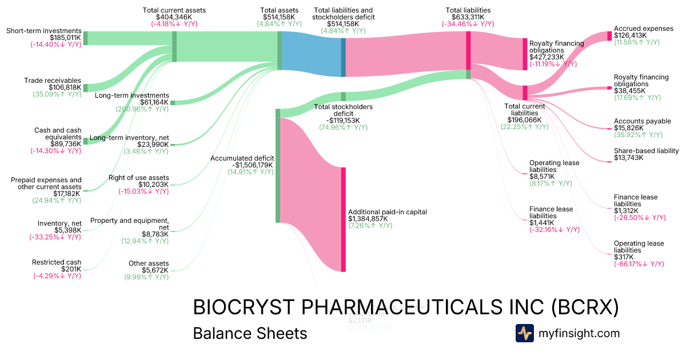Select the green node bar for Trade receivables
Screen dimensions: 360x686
point(86,87)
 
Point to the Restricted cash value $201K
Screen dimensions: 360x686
point(71,269)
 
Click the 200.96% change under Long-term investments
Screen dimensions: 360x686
point(145,109)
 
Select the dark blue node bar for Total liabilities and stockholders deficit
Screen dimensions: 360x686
point(344,57)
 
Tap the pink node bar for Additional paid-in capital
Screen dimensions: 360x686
point(344,219)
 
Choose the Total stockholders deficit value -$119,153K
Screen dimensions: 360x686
point(344,121)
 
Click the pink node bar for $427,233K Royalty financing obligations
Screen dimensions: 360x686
point(525,54)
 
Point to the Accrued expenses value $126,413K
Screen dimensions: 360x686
point(630,35)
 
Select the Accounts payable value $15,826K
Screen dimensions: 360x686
point(630,129)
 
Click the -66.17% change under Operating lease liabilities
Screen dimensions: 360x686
point(639,264)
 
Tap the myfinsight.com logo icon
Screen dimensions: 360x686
point(524,333)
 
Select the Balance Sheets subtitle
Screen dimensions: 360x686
point(250,333)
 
